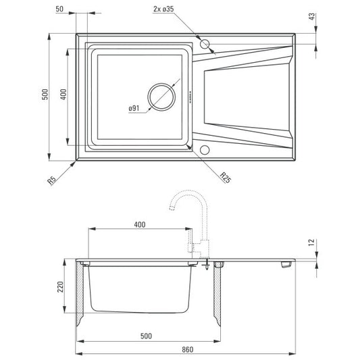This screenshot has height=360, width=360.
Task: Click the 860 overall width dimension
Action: coord(188,350)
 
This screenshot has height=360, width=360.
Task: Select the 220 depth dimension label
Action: coord(60,287)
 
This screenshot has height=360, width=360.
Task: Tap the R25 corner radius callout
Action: coord(225,178)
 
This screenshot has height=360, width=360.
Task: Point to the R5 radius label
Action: coord(52,180)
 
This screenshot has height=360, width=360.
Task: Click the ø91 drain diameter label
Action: coord(134,108)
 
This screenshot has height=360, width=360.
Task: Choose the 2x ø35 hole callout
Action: coord(163,9)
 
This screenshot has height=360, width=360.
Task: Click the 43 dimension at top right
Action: coord(312,16)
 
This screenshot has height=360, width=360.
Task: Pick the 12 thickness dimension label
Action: coord(311,242)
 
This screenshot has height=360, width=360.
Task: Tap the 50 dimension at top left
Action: coord(59,9)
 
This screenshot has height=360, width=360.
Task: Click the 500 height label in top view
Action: coord(45,94)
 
